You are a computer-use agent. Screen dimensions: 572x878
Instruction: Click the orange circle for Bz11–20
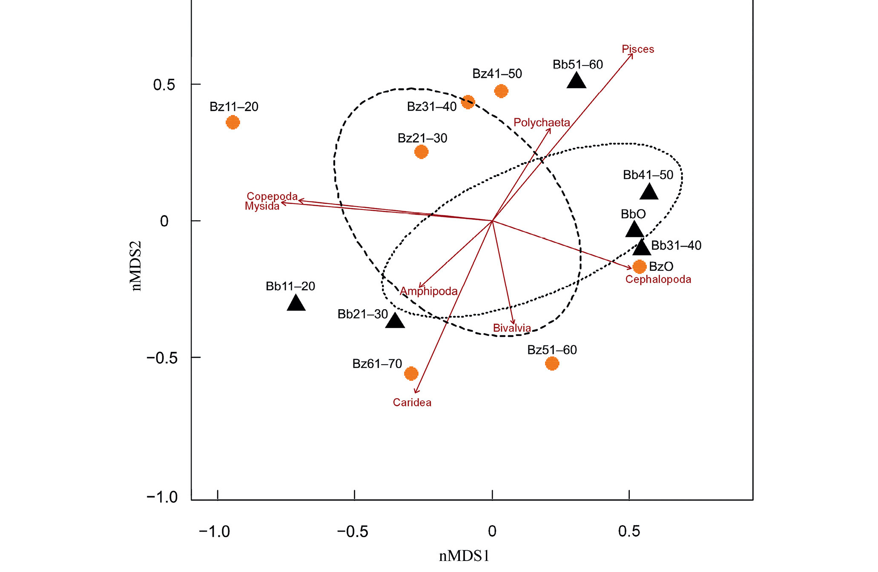tap(232, 123)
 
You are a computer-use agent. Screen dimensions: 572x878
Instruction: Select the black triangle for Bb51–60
tap(577, 81)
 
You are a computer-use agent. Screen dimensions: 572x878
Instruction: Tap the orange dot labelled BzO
tap(639, 267)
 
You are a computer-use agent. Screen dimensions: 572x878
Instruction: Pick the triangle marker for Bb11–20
tap(296, 303)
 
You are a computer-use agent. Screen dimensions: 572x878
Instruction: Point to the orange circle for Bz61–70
tap(411, 374)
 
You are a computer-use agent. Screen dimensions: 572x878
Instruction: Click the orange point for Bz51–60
tap(552, 363)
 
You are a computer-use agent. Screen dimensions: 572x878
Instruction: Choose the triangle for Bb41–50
tap(649, 192)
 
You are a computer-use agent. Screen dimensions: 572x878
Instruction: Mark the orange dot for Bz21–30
tap(421, 152)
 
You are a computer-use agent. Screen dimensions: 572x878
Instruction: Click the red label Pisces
tap(637, 49)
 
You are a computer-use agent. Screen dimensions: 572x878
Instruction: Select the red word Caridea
tap(412, 402)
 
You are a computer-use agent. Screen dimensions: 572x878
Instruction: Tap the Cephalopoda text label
tap(658, 279)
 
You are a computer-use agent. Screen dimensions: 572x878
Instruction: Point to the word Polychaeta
tap(541, 123)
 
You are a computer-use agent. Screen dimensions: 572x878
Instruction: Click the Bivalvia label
tap(512, 328)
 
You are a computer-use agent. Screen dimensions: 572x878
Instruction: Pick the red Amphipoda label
tap(428, 291)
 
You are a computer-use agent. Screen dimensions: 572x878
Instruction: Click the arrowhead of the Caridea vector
tap(416, 392)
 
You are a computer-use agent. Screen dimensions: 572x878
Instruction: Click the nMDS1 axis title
tap(464, 556)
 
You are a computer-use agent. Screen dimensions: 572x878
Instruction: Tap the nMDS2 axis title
tap(136, 266)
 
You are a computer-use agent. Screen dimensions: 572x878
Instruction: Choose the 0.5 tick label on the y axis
tap(164, 85)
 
